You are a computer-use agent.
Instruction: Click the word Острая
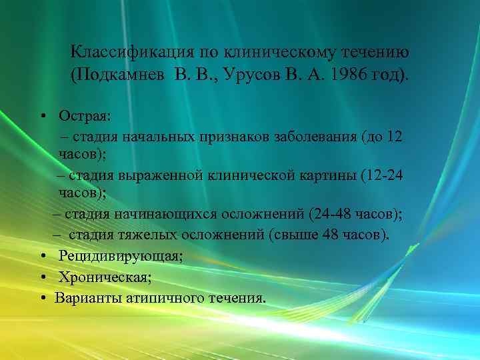(85, 116)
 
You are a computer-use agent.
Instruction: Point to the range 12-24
(381, 177)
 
